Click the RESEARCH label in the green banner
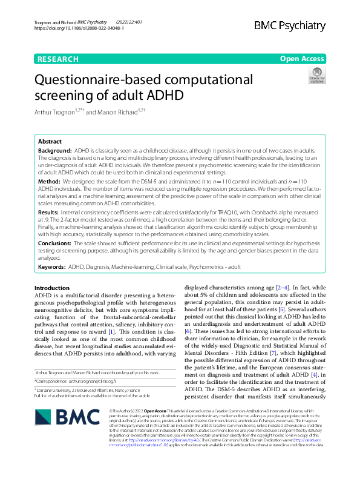[58, 59]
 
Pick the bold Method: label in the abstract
[50, 181]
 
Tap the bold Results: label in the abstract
[50, 213]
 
